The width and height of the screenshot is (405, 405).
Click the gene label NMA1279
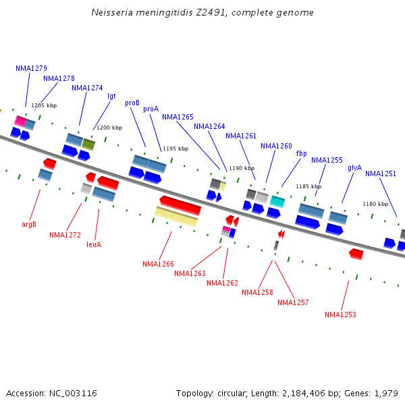(31, 68)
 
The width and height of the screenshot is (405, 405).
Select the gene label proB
(132, 103)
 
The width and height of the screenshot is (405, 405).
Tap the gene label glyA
(354, 167)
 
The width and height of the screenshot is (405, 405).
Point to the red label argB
(29, 224)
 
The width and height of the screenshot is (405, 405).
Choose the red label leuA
(94, 244)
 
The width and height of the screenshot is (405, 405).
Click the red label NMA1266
(158, 264)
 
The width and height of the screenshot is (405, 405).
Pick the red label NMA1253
(340, 315)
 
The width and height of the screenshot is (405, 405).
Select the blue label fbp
(301, 154)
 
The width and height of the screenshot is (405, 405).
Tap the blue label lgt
(111, 96)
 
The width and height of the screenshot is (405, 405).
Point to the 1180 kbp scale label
(375, 204)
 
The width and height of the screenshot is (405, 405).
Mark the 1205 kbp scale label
(44, 105)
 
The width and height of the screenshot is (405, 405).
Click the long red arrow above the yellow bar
(180, 205)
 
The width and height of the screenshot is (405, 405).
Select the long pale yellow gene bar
(176, 216)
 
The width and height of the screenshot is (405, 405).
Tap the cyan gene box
(277, 200)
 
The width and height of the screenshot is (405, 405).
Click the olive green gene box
(88, 144)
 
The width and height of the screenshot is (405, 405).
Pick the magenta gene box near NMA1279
(20, 122)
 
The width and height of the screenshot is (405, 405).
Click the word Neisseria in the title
(111, 13)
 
